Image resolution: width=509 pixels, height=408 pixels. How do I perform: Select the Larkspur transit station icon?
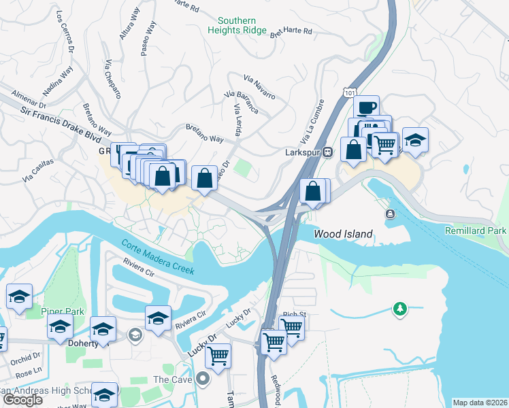pos(327,152)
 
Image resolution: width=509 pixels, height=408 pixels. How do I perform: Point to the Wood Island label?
pos(343,234)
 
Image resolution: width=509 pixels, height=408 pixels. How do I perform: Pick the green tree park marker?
pos(400,310)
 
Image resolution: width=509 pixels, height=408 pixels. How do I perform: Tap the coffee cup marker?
pos(366,107)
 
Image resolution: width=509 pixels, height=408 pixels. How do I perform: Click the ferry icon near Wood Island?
pos(391,214)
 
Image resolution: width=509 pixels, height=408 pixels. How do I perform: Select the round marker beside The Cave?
pos(202,379)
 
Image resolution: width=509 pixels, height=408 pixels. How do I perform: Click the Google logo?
pos(22,400)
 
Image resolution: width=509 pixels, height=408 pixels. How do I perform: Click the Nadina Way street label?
pos(57,82)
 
